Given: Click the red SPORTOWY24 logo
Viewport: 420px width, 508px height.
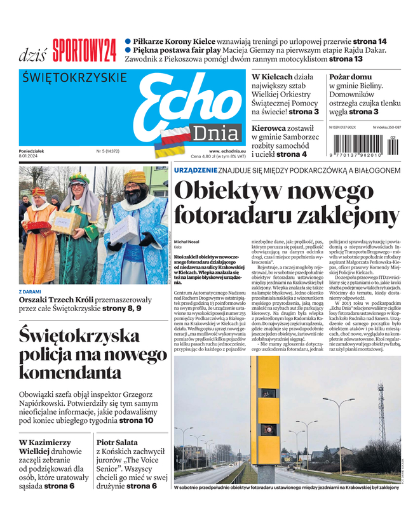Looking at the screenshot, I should tap(85, 50).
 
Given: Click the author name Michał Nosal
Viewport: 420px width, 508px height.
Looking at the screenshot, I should tap(188, 242).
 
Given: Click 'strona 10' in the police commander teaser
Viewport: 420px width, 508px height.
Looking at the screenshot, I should tap(137, 420).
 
